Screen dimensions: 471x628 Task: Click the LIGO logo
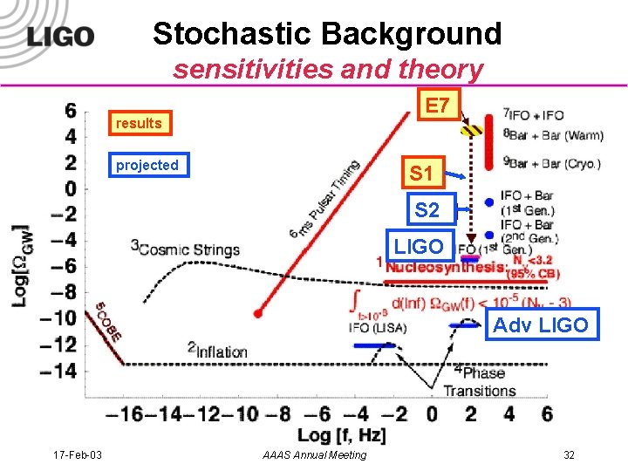point(59,37)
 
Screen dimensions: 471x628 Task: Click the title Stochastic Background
point(327,34)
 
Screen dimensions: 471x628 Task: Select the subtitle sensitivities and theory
point(327,69)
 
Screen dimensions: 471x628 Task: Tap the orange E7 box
point(438,106)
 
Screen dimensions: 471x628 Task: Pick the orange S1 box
point(421,174)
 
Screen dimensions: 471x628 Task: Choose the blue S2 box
point(427,209)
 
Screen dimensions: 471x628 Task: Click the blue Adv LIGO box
point(541,325)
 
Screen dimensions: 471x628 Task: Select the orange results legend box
point(140,123)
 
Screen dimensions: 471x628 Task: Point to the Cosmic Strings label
point(185,249)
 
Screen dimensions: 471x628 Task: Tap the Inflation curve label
point(217,351)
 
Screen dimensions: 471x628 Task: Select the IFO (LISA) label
point(371,328)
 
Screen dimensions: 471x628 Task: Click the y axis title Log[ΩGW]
point(19,265)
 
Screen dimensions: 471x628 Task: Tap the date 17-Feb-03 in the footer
point(77,455)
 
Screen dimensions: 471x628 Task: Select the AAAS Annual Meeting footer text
point(314,455)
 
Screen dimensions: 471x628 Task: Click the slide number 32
point(569,455)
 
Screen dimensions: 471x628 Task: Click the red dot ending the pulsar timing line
point(258,313)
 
